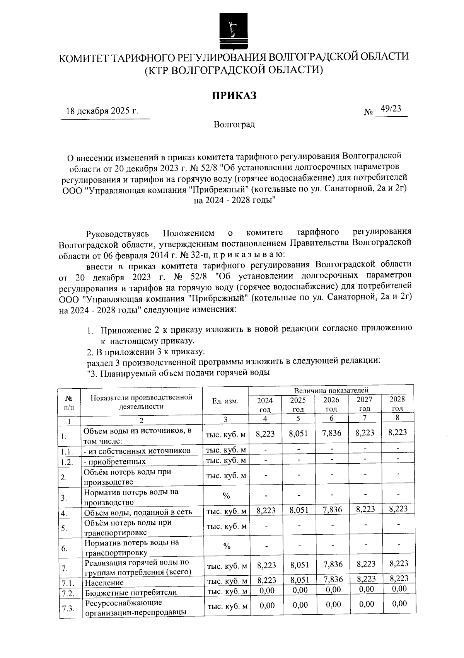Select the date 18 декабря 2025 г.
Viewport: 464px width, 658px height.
point(102,111)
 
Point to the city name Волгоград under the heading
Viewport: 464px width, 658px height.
point(234,124)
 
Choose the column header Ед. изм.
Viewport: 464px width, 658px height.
point(225,401)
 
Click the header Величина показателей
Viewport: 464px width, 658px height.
point(331,391)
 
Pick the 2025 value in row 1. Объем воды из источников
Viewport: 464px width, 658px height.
point(298,434)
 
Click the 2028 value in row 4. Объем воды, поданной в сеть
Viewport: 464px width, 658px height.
point(397,509)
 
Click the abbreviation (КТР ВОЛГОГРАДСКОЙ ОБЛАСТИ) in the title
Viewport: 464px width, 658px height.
point(234,70)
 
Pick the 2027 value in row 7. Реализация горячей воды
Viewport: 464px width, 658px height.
point(365,564)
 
